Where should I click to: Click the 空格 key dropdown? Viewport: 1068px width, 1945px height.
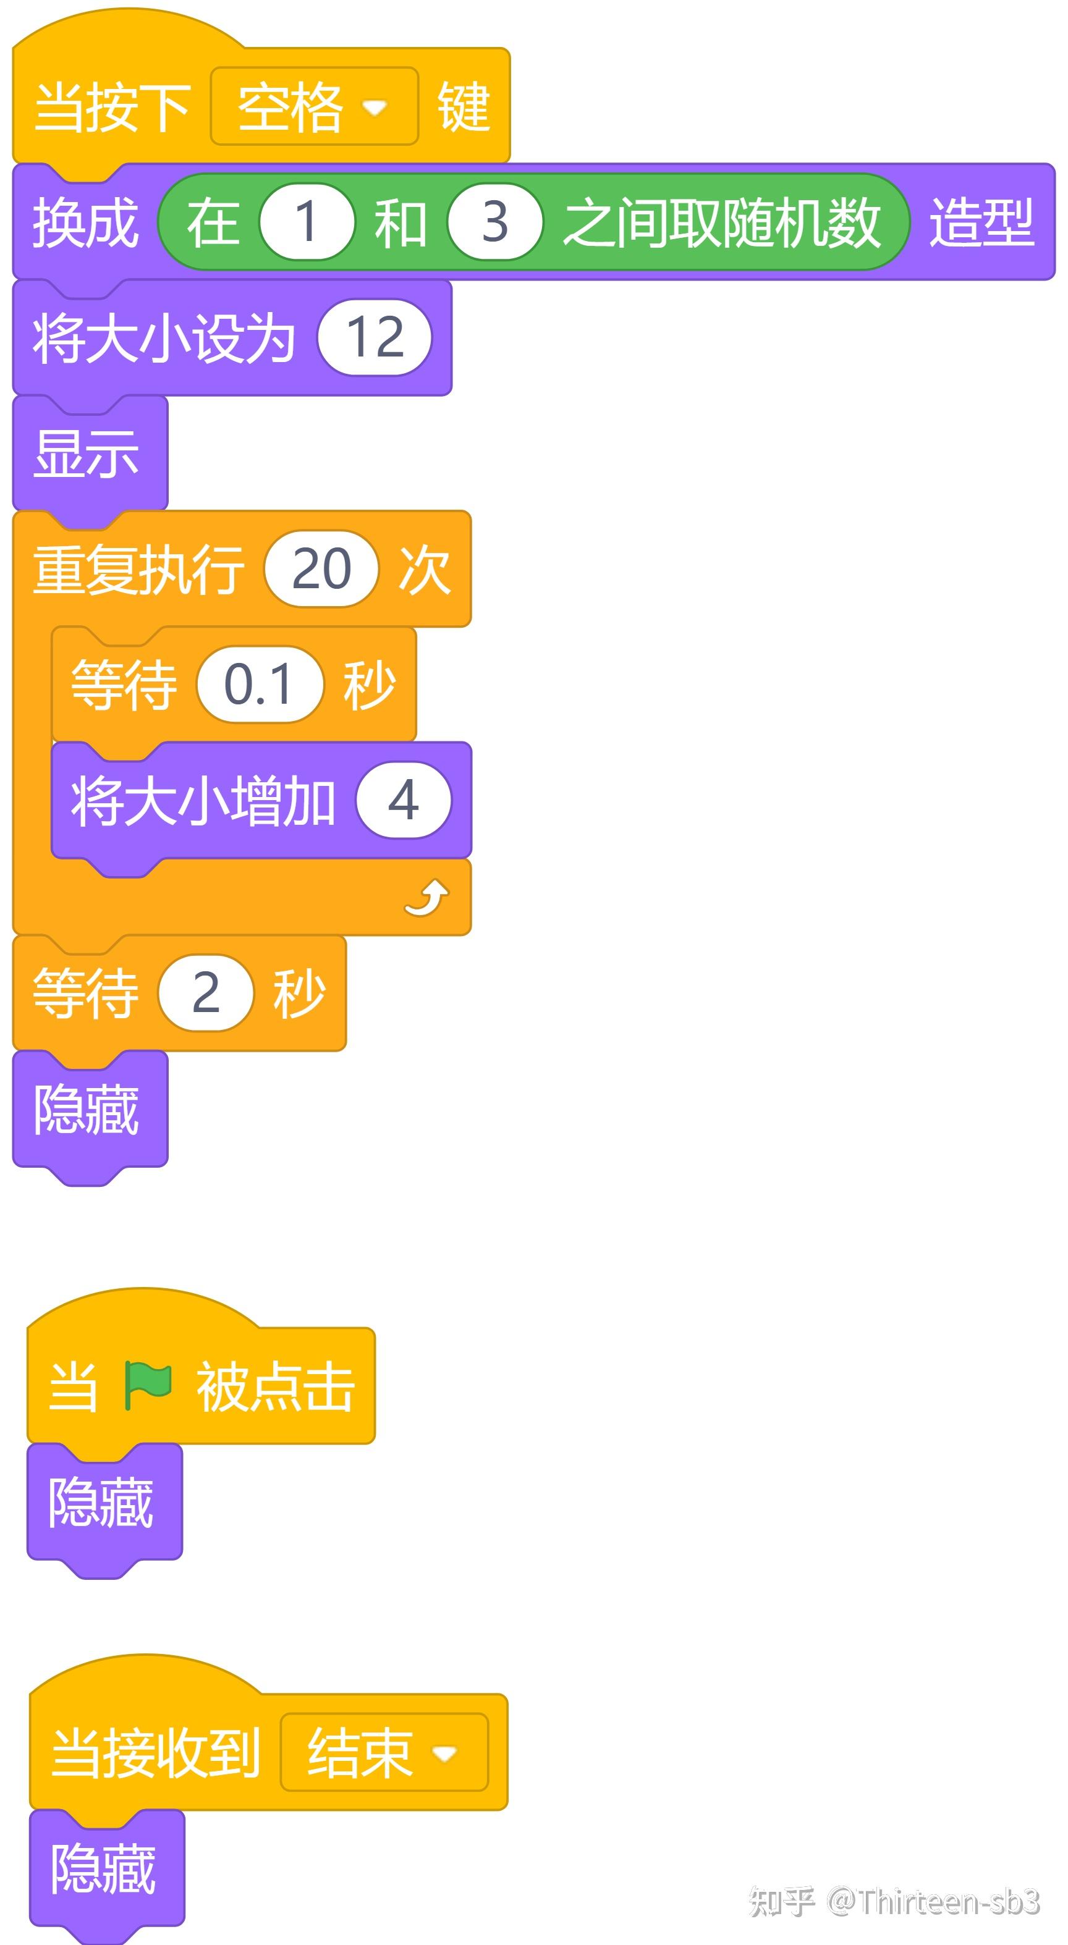313,106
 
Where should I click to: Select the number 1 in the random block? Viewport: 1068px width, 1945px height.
306,222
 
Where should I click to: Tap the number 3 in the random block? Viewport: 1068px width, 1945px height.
494,222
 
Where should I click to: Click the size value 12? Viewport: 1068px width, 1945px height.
375,337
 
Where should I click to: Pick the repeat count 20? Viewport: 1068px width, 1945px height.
321,568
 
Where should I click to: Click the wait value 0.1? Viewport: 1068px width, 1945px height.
259,684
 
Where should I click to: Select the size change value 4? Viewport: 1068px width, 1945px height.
404,800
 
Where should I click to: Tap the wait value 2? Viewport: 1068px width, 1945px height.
205,992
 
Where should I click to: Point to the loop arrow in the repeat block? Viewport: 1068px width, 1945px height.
426,898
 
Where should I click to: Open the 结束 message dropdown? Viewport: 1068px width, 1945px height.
384,1752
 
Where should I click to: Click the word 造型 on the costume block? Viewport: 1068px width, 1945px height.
981,222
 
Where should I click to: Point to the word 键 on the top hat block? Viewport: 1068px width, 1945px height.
464,106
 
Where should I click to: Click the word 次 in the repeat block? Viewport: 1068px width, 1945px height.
425,568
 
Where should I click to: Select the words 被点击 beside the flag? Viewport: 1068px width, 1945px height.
276,1386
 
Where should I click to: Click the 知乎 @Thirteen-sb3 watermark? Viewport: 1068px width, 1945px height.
894,1902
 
